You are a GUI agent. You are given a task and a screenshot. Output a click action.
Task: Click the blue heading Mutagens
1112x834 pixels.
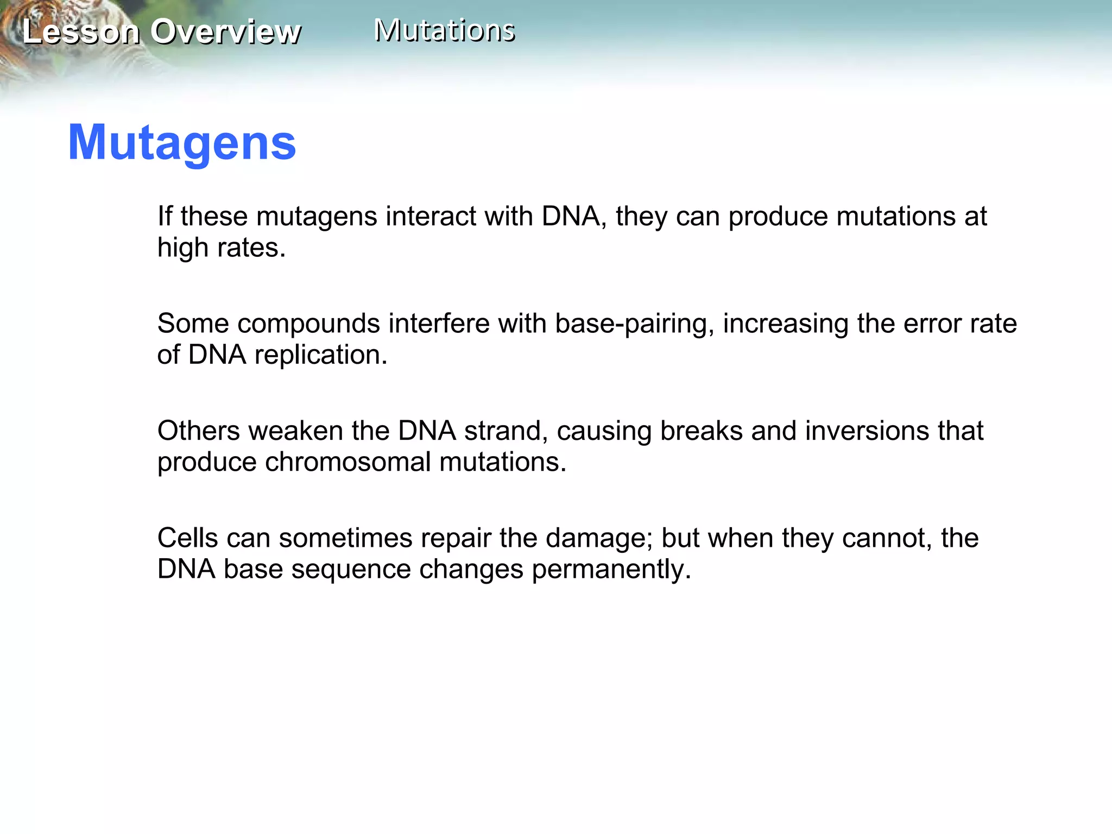coord(182,143)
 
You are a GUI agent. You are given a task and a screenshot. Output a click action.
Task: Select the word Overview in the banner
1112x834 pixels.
coord(225,31)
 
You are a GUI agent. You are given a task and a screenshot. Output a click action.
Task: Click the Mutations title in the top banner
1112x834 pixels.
coord(444,30)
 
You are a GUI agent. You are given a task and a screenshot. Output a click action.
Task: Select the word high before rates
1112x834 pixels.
coord(182,248)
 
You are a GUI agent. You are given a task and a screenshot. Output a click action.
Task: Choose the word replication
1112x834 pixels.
coord(320,355)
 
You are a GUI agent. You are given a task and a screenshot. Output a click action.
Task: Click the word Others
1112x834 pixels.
coord(198,431)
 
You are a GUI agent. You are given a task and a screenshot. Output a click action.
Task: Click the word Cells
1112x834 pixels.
coord(187,538)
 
